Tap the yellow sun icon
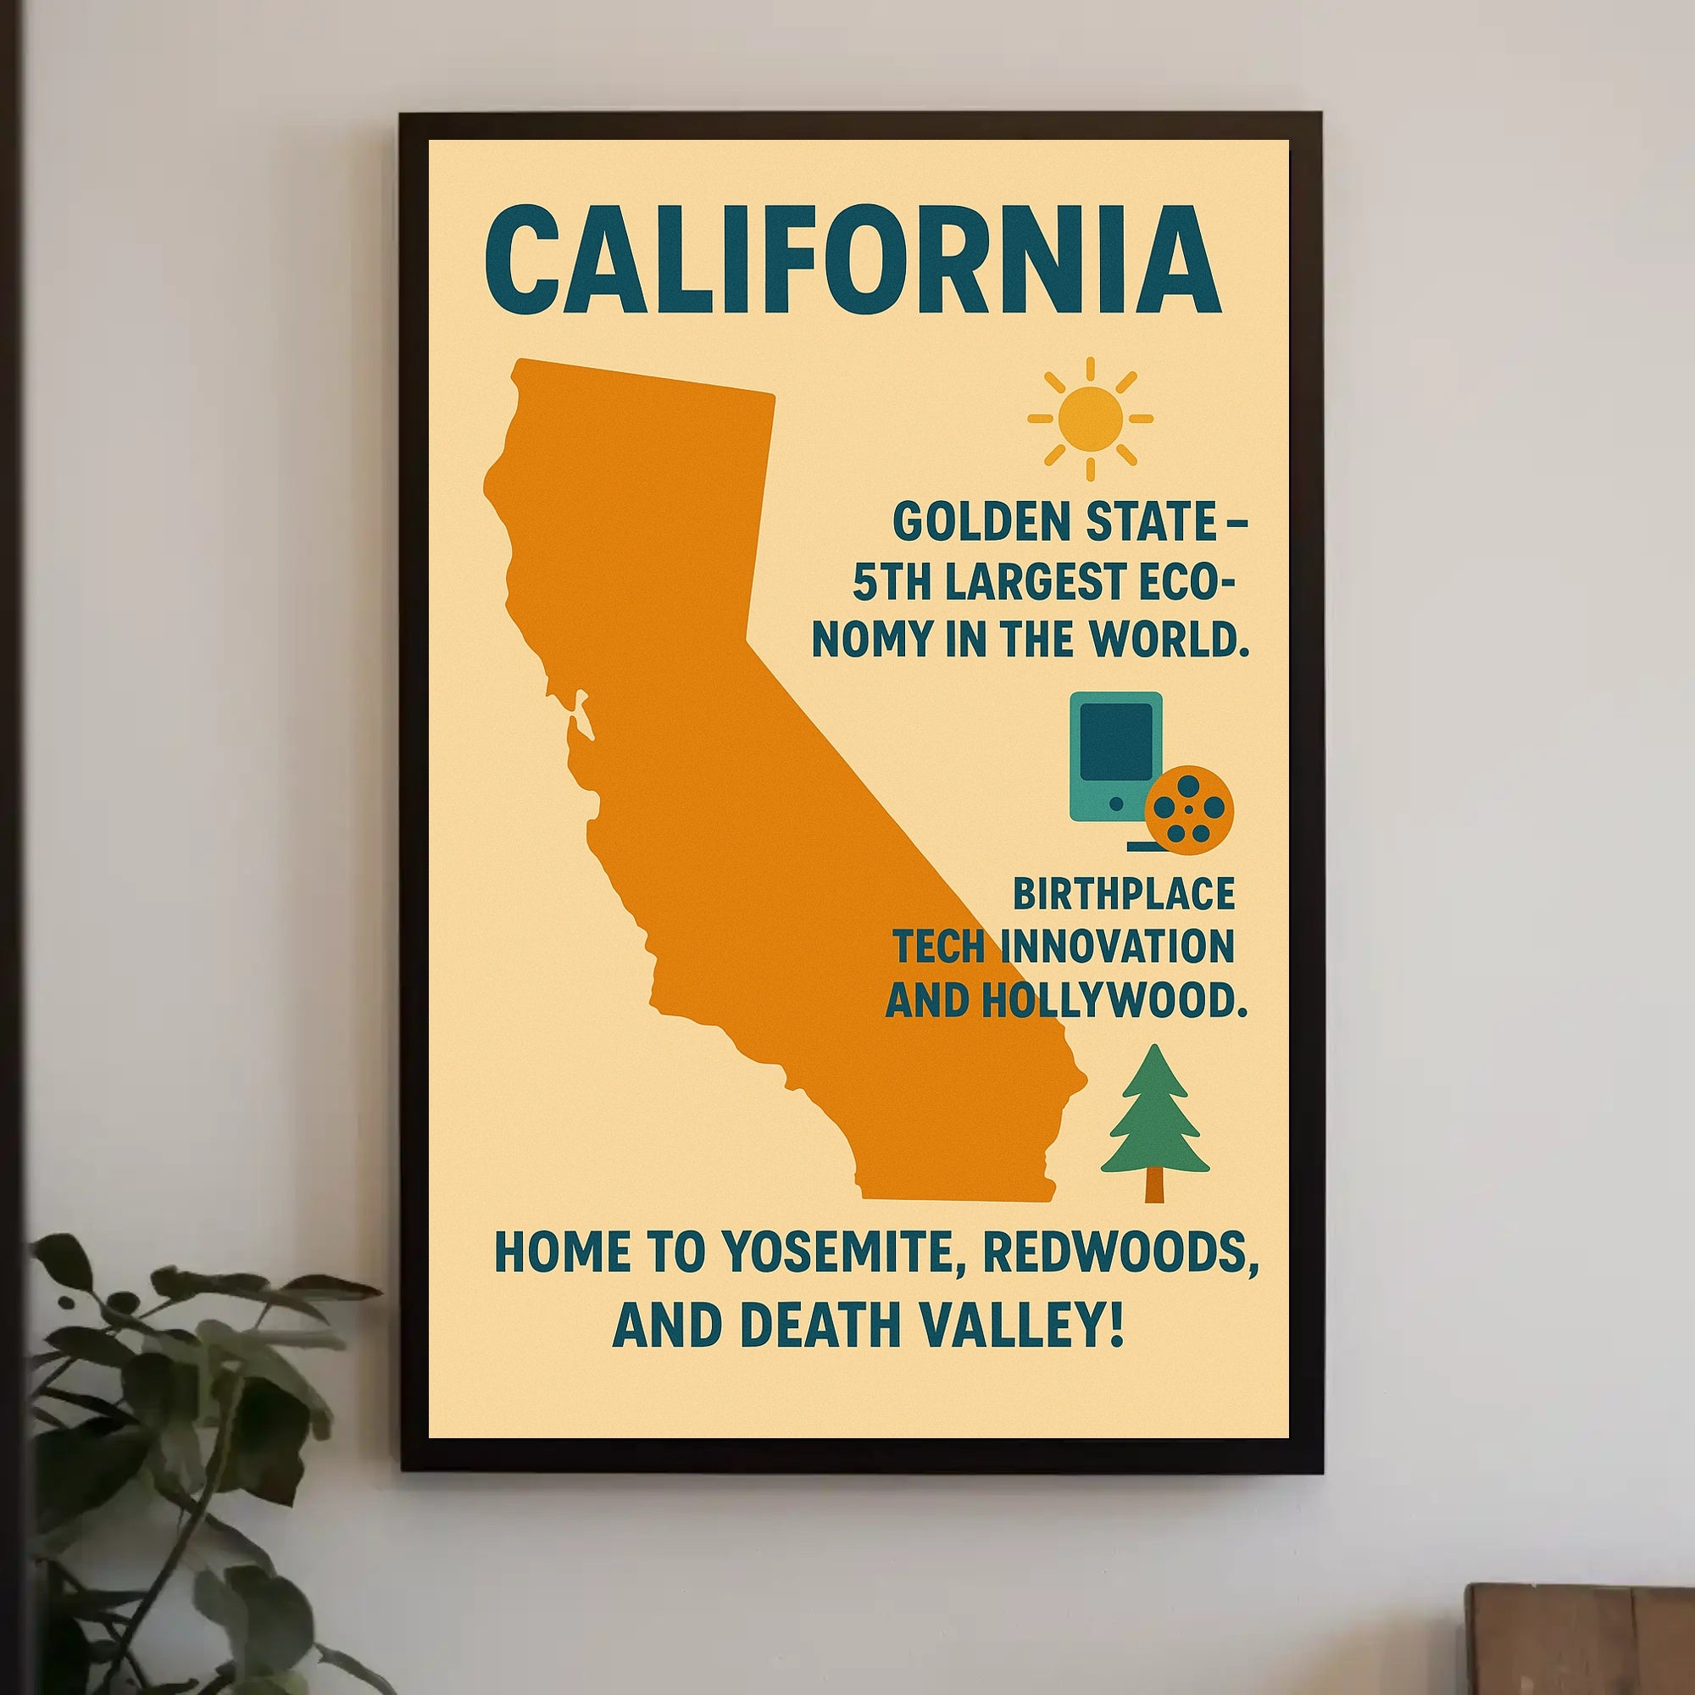(x=1091, y=420)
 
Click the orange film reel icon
(x=1189, y=809)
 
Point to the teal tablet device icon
(x=1115, y=755)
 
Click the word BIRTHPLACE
(x=1124, y=894)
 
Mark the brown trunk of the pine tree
(x=1154, y=1186)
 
